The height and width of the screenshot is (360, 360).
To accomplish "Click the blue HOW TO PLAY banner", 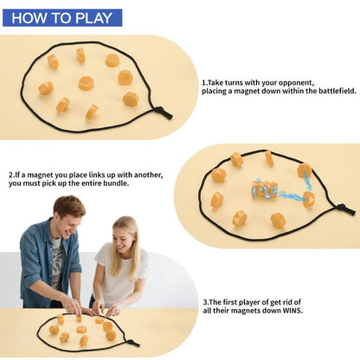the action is [62, 18].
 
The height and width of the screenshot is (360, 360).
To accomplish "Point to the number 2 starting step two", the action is [11, 175].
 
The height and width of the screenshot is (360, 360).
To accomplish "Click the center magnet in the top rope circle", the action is [86, 83].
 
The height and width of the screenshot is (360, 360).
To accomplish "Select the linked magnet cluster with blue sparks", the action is [264, 190].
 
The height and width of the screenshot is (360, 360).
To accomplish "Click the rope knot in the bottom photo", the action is [133, 343].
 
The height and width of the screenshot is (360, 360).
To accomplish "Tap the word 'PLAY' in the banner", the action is [93, 18].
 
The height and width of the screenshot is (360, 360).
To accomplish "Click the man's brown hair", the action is [69, 206].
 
